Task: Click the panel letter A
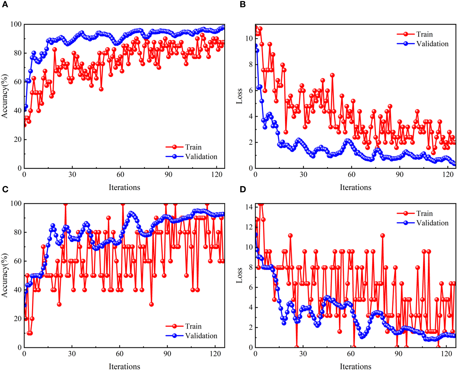click(5, 4)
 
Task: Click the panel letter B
click(243, 4)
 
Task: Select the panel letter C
click(5, 189)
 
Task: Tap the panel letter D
click(243, 189)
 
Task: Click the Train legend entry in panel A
click(193, 147)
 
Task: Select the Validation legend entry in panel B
click(432, 44)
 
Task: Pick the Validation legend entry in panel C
click(201, 336)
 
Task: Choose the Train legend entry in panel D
click(424, 213)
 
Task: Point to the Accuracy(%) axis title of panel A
click(4, 96)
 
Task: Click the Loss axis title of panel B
click(239, 96)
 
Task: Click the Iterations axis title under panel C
click(124, 366)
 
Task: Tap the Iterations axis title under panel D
click(355, 366)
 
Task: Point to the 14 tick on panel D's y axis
click(249, 207)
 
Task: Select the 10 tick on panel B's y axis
click(249, 38)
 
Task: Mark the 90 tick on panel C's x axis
click(167, 354)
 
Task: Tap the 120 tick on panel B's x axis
click(447, 174)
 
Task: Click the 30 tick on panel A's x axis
click(72, 174)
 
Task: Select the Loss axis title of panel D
click(239, 275)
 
